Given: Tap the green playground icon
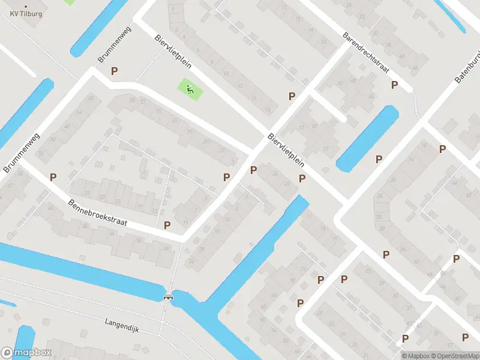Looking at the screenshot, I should pyautogui.click(x=190, y=91).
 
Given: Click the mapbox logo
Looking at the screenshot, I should pyautogui.click(x=26, y=352).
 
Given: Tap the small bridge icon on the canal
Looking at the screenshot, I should pyautogui.click(x=169, y=296).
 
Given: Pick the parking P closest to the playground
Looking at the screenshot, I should pyautogui.click(x=114, y=71).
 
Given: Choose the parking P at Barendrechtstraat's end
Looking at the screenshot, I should pyautogui.click(x=394, y=85).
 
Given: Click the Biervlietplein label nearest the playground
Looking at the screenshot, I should pyautogui.click(x=167, y=49).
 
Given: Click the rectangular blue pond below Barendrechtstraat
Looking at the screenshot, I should pyautogui.click(x=368, y=137).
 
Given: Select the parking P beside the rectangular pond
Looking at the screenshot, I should pyautogui.click(x=379, y=159).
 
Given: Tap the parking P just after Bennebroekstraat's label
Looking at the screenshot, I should pyautogui.click(x=167, y=225).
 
